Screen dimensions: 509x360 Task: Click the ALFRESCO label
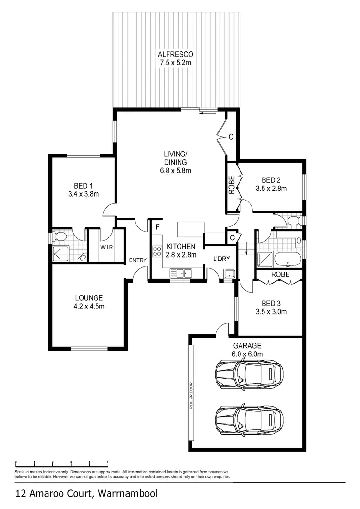pyautogui.click(x=176, y=58)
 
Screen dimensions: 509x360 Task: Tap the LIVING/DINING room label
pyautogui.click(x=175, y=162)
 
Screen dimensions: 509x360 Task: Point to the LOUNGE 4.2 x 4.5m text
pyautogui.click(x=88, y=302)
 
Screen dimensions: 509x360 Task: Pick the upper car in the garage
pyautogui.click(x=248, y=373)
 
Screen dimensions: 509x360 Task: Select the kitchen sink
pyautogui.click(x=180, y=273)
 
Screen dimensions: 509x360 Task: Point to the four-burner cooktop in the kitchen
pyautogui.click(x=156, y=251)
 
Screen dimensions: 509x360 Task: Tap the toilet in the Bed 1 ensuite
pyautogui.click(x=60, y=237)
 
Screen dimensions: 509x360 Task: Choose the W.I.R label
pyautogui.click(x=106, y=248)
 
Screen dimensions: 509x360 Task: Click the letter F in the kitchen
pyautogui.click(x=157, y=226)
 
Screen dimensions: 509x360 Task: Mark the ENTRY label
pyautogui.click(x=138, y=260)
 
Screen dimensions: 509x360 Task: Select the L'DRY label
pyautogui.click(x=222, y=259)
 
